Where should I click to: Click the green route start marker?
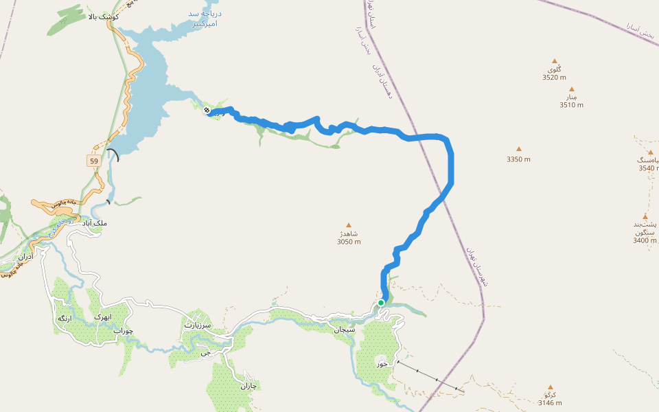point(381,302)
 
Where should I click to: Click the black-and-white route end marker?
point(207,111)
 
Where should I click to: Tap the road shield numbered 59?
point(93,161)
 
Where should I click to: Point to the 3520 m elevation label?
point(554,78)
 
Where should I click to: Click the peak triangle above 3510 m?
point(571,89)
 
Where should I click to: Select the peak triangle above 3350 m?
point(518,149)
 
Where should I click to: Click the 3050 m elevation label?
point(349,242)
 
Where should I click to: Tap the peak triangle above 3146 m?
point(550,387)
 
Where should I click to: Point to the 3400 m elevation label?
point(645,240)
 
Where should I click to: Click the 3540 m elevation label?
point(649,168)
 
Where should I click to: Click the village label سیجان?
point(343,330)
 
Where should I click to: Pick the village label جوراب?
point(123,331)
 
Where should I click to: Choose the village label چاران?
point(247,386)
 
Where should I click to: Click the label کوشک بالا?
point(104,16)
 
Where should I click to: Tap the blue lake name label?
point(205,19)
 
